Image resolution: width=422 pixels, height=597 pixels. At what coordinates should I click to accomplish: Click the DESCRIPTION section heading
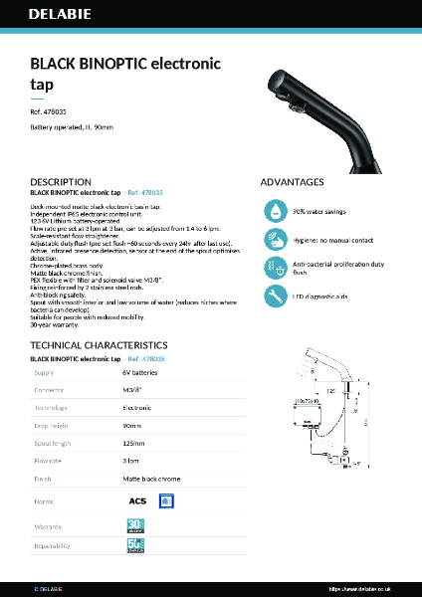pyautogui.click(x=61, y=182)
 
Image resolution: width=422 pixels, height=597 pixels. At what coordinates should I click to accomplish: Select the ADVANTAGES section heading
pyautogui.click(x=292, y=182)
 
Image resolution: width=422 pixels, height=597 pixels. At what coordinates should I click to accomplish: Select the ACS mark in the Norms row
pyautogui.click(x=137, y=500)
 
